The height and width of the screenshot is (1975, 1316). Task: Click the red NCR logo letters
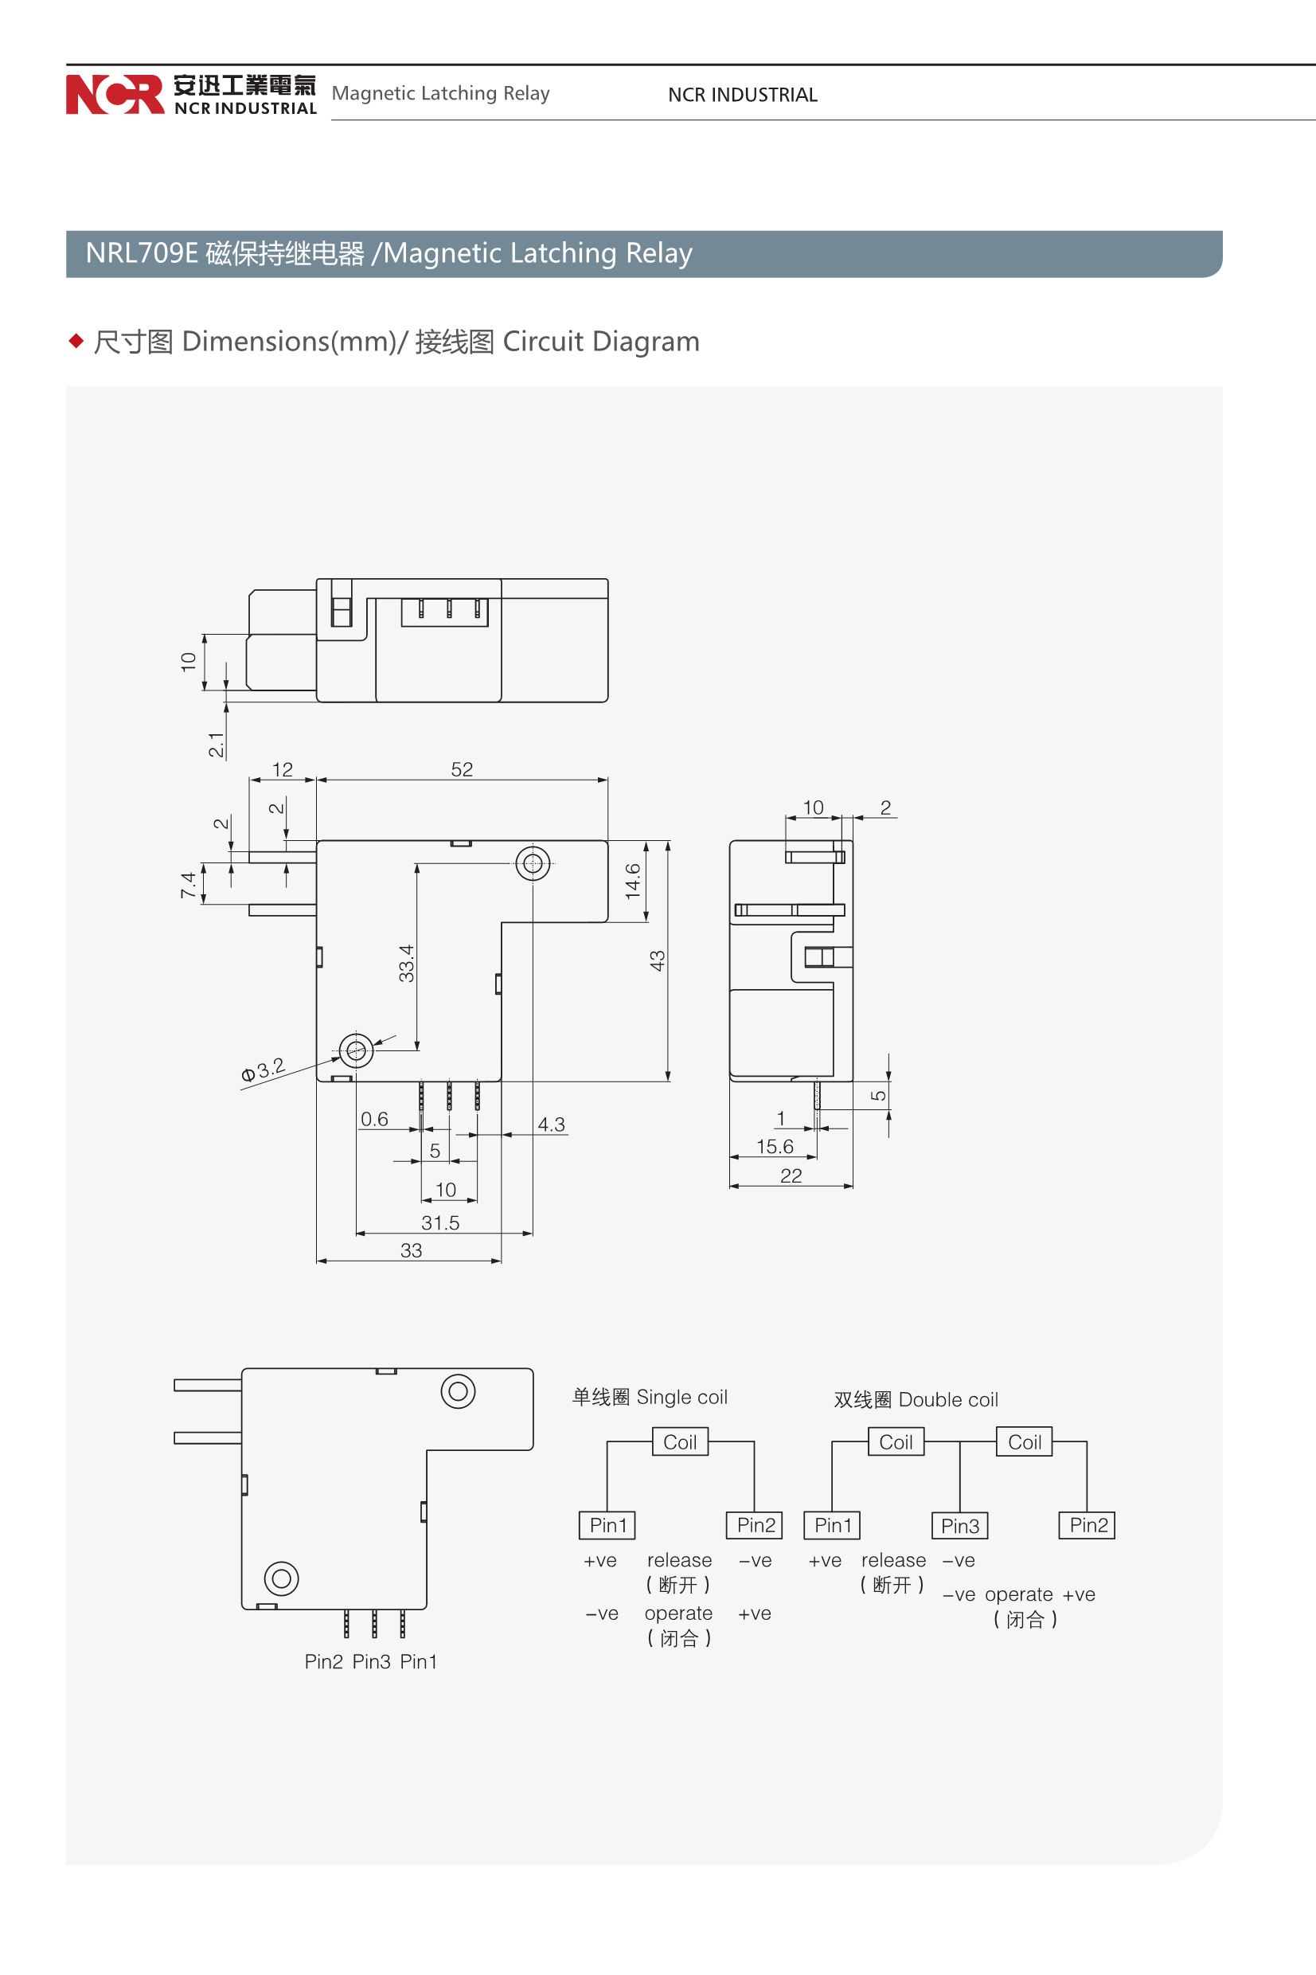click(115, 94)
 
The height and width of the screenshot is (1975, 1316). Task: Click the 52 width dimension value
click(462, 768)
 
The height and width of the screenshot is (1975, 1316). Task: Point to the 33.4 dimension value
click(406, 963)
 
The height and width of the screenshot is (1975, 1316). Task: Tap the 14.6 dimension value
click(633, 881)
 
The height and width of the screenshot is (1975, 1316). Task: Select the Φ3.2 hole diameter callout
click(263, 1070)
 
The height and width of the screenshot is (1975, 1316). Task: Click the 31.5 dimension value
click(440, 1223)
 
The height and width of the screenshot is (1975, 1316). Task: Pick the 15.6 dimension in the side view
click(775, 1147)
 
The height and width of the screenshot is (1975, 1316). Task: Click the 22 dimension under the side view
click(791, 1176)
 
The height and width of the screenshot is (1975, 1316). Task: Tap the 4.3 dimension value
click(552, 1124)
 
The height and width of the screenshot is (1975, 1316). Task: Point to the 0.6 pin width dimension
click(374, 1119)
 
